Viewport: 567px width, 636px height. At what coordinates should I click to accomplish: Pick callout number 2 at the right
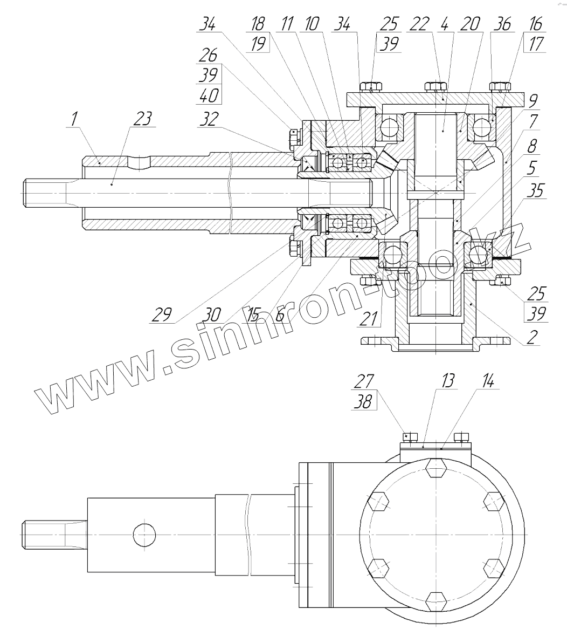(x=532, y=337)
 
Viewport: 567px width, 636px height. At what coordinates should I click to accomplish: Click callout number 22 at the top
(x=420, y=24)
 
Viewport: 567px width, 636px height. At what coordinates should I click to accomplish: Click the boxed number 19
(x=259, y=44)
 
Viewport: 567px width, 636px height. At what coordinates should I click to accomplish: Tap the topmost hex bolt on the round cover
(x=435, y=468)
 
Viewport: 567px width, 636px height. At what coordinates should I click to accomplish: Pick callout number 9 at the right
(x=533, y=101)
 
